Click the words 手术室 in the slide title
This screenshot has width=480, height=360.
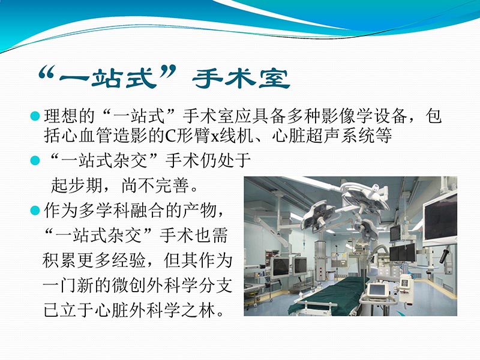click(x=243, y=78)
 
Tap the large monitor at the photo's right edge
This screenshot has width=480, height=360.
click(x=441, y=219)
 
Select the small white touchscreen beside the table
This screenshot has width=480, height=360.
click(x=378, y=290)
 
